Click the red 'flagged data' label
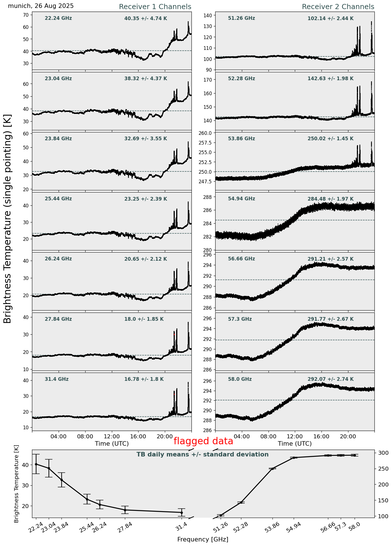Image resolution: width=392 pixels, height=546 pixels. coord(203,441)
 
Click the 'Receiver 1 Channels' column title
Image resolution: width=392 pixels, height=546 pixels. coord(155,7)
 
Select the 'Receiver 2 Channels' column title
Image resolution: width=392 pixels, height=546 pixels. coord(338,7)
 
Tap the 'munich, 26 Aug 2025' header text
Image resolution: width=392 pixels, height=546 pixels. coord(41,6)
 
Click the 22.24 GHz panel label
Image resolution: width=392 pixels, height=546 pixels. coord(58,18)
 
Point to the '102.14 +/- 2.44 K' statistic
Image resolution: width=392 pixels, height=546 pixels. coord(331,19)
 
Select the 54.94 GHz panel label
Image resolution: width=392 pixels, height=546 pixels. coord(241,199)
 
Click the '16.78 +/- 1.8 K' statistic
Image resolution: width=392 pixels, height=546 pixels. coord(144,379)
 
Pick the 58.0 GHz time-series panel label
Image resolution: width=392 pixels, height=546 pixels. coord(240,379)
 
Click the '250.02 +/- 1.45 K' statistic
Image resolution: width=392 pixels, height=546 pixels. coord(331,139)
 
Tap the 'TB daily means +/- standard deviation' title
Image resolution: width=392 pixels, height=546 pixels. coord(203,454)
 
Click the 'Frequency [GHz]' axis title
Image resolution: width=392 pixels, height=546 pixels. coord(203,539)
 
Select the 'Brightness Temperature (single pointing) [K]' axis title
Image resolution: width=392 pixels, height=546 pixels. coord(7,218)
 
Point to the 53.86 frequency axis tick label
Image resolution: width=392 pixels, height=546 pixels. coord(272,528)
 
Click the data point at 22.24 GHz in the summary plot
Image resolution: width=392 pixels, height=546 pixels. coord(36,464)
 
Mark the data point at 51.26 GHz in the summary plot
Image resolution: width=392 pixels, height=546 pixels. coord(221,515)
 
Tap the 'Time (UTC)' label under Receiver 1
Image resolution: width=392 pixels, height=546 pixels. coord(112,443)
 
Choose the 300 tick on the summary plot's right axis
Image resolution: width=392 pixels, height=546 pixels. coord(380,453)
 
